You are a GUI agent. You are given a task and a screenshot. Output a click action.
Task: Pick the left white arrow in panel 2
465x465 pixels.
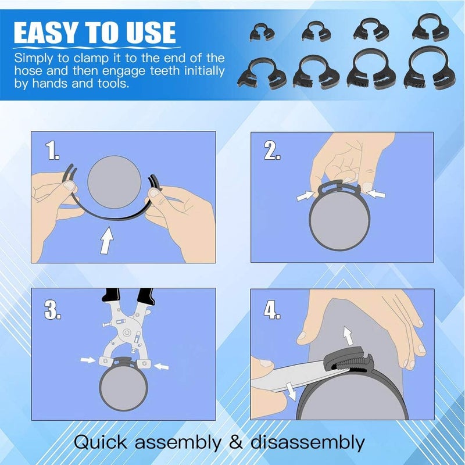click(x=305, y=196)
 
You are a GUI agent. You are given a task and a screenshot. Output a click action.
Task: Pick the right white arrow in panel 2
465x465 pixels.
click(x=375, y=192)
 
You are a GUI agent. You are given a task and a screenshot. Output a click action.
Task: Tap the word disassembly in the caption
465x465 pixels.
click(x=308, y=443)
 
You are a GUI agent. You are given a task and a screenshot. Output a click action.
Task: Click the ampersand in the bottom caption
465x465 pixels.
click(x=234, y=443)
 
